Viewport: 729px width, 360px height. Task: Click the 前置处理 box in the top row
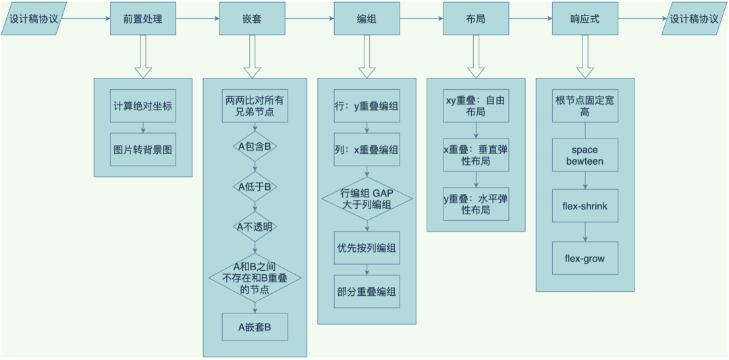click(142, 19)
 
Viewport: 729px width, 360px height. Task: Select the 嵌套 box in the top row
click(252, 19)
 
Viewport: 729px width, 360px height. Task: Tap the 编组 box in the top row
click(367, 19)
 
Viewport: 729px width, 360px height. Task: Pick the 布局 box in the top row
click(475, 19)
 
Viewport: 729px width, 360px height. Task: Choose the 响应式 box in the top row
click(585, 19)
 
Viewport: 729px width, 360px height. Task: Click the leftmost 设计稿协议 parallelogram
click(34, 19)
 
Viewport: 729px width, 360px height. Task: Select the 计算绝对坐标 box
click(142, 107)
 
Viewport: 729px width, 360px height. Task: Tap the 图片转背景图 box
click(142, 149)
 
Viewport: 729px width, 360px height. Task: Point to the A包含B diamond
click(254, 146)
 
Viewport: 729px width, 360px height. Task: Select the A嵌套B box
click(254, 328)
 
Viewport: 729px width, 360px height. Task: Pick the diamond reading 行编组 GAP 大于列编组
click(367, 198)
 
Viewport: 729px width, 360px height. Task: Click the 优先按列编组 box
click(367, 248)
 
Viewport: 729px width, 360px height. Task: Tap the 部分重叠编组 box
click(367, 292)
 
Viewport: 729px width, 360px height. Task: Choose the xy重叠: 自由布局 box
click(475, 106)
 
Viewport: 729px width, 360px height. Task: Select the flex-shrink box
click(585, 206)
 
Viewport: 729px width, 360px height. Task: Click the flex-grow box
click(585, 258)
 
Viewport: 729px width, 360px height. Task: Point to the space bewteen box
click(585, 155)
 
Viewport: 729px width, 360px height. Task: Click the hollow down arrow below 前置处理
click(142, 57)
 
